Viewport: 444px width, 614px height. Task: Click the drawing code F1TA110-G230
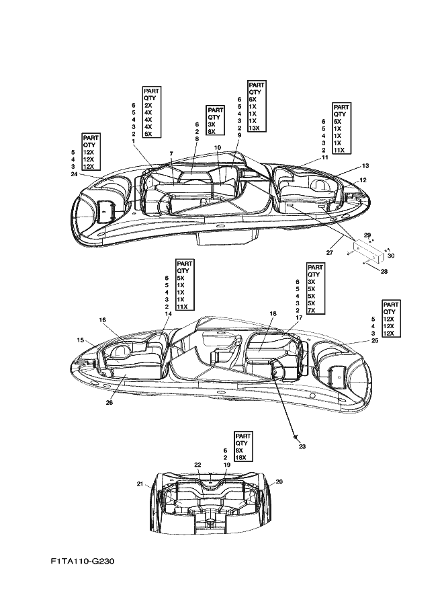82,561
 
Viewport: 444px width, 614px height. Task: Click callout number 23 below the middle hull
302,446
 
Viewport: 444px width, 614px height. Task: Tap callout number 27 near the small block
329,253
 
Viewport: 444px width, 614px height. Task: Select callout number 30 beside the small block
391,256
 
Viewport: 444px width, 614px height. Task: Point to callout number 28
384,271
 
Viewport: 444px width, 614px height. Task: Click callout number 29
367,235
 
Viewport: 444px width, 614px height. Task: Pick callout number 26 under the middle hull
109,402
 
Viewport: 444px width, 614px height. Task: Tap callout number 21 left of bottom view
140,484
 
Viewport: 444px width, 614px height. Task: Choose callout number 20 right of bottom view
279,482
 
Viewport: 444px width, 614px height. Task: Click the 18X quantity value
241,457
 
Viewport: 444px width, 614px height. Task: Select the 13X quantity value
255,128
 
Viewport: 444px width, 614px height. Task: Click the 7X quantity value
312,310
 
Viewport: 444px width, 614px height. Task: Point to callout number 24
74,174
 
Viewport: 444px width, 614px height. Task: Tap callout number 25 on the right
374,341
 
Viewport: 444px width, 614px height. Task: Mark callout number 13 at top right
365,166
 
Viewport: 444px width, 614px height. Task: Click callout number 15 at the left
80,340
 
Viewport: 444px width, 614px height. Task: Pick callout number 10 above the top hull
218,148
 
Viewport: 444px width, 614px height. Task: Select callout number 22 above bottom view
197,465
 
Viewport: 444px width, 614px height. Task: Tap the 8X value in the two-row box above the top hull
212,132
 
